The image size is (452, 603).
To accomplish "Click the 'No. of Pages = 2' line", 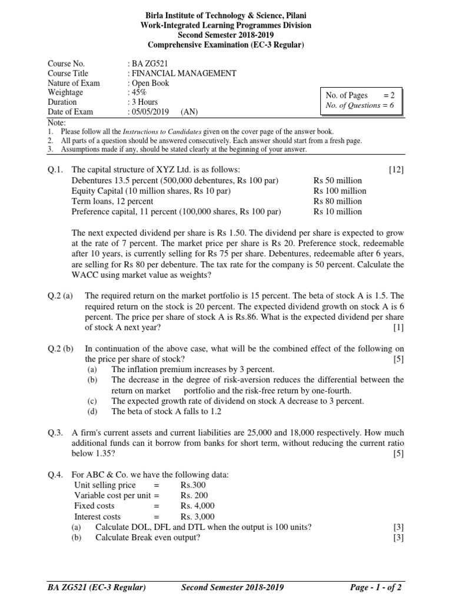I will (360, 95).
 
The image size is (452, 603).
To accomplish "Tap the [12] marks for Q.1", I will (397, 170).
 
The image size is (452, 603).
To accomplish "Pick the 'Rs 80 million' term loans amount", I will (338, 201).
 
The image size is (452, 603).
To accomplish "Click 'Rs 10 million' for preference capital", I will (338, 211).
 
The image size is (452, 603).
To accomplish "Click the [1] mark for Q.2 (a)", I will (399, 327).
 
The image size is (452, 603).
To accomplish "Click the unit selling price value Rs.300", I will (194, 485).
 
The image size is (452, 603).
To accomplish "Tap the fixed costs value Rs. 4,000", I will (198, 506).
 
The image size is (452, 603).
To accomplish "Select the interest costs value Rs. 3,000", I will (198, 516).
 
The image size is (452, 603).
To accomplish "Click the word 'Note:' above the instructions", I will (57, 122).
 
